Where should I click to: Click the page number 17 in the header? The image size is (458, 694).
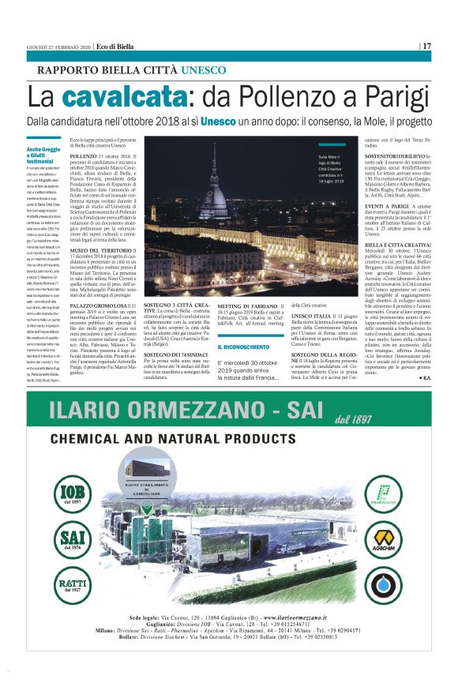coord(426,46)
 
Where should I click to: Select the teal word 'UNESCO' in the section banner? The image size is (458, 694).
coord(203,70)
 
